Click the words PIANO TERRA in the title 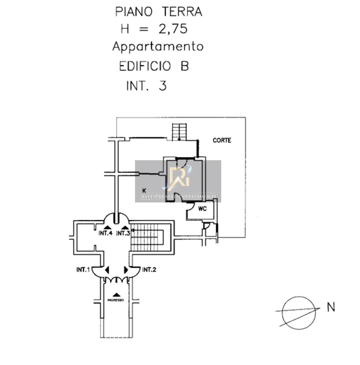tap(159, 12)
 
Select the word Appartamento tap(158, 47)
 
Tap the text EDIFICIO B tap(154, 66)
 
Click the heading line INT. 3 tap(146, 86)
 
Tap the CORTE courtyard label tap(222, 140)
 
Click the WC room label tap(202, 209)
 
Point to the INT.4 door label tap(105, 233)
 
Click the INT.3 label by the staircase tap(123, 233)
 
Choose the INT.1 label tap(82, 270)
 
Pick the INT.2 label tap(149, 270)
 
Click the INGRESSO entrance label tap(116, 300)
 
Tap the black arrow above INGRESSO tap(117, 294)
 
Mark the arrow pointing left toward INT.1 tap(107, 270)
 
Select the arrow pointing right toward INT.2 tap(126, 270)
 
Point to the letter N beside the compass tap(331, 308)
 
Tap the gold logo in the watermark tap(178, 178)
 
